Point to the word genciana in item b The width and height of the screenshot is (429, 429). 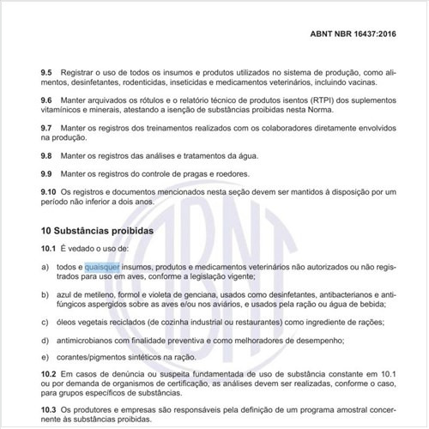click(x=177, y=293)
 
